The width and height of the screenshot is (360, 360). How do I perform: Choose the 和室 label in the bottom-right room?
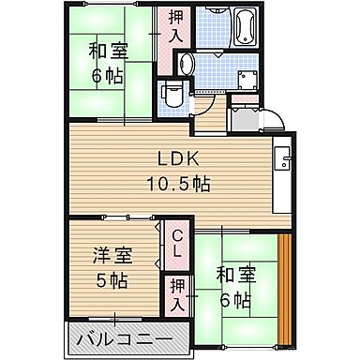coord(236,277)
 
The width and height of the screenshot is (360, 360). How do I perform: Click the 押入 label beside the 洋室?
coord(176,295)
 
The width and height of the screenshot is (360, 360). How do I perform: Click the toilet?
coord(172,94)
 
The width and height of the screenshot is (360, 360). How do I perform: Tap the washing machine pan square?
coord(250,82)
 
